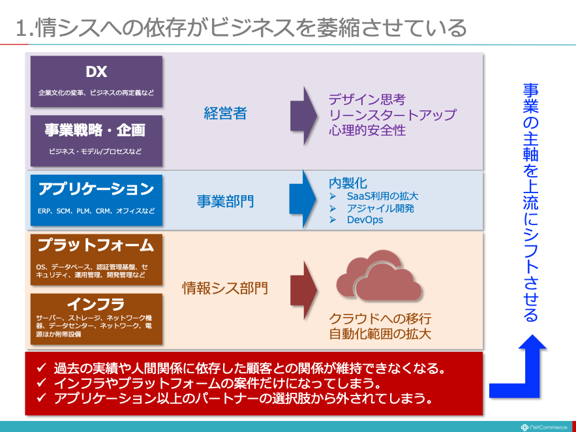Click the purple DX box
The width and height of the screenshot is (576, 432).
tap(97, 81)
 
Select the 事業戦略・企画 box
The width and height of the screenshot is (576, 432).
tap(97, 141)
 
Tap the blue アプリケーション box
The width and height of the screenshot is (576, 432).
tap(97, 200)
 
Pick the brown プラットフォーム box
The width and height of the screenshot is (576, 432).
tap(97, 259)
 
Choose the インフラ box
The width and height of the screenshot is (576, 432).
tap(97, 319)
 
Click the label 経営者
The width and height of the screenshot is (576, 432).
tap(225, 113)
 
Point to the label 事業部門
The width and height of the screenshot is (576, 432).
tap(225, 201)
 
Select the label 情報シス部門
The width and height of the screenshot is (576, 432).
tap(225, 288)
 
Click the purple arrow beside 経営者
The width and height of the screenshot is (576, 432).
tap(303, 116)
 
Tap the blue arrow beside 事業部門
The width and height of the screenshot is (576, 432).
tap(303, 199)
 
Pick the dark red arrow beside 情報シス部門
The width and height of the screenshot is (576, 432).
tap(303, 290)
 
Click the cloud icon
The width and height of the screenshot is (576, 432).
tap(379, 275)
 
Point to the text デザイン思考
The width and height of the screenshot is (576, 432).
tap(367, 100)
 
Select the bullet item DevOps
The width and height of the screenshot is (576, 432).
tap(365, 220)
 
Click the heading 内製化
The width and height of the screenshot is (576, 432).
tap(348, 183)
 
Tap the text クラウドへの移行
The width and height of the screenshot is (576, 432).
tap(380, 318)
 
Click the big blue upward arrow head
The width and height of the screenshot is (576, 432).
tap(532, 342)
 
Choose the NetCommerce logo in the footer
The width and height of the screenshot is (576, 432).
tap(543, 427)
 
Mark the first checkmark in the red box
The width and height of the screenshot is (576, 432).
tap(42, 367)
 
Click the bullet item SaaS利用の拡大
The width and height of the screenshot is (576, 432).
tap(382, 196)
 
